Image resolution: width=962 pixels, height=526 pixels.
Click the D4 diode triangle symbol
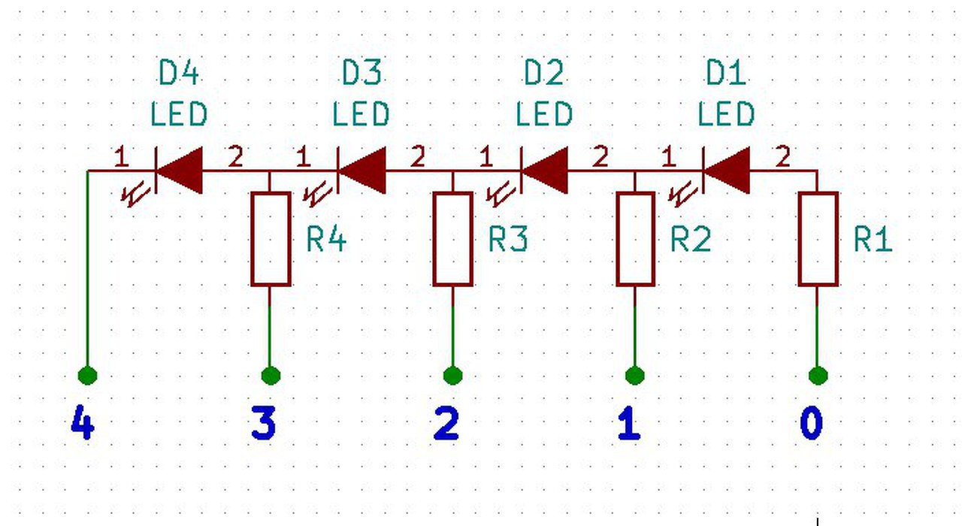(x=180, y=170)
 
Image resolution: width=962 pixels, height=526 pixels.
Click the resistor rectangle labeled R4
(x=271, y=239)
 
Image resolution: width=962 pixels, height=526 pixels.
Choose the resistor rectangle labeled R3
(x=453, y=239)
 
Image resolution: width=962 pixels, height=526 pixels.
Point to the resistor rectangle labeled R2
(x=635, y=239)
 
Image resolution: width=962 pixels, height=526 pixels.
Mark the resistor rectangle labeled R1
(x=818, y=239)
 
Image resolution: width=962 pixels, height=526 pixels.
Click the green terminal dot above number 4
(x=88, y=374)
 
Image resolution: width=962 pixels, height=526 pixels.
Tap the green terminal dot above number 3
(x=271, y=374)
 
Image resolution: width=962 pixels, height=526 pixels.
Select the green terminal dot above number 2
(x=453, y=374)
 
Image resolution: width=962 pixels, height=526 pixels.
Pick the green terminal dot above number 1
(x=635, y=374)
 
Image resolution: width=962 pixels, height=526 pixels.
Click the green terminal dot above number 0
(x=818, y=374)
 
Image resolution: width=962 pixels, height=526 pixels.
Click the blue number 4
(x=82, y=424)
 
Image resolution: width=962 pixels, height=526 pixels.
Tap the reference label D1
(x=726, y=74)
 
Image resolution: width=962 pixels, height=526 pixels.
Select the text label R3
(x=508, y=240)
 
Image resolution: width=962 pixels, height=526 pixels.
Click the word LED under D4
(x=179, y=115)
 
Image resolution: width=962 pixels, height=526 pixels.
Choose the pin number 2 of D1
(x=782, y=157)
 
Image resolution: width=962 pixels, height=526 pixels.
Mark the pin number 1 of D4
(x=120, y=157)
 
